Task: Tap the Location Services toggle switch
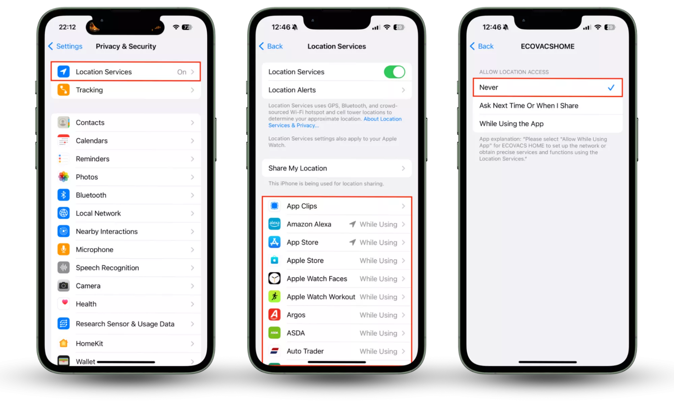[x=394, y=72]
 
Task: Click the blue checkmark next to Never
[x=611, y=88]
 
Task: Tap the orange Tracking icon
[x=63, y=90]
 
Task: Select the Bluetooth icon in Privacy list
[x=63, y=195]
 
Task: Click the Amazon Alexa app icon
[x=274, y=224]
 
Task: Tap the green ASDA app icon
[x=274, y=333]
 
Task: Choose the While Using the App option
[x=511, y=124]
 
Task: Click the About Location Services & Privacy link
[x=335, y=122]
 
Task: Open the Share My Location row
[x=336, y=168]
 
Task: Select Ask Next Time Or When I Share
[x=529, y=106]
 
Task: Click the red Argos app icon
[x=274, y=315]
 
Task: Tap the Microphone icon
[x=63, y=249]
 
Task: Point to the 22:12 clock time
[x=67, y=27]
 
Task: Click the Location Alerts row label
[x=292, y=90]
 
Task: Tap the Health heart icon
[x=63, y=304]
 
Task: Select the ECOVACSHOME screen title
[x=548, y=46]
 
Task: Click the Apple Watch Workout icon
[x=274, y=297]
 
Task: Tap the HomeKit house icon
[x=63, y=343]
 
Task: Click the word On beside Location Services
[x=182, y=72]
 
